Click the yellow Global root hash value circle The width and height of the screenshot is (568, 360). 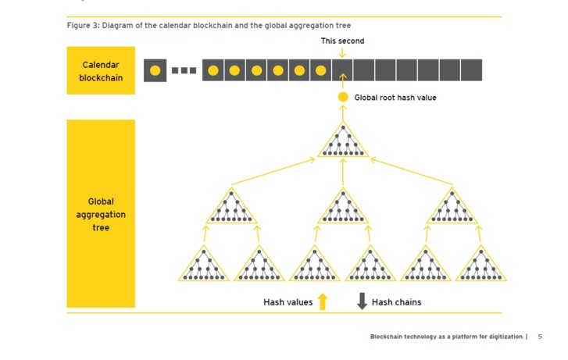(x=343, y=97)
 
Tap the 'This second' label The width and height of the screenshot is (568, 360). (x=342, y=41)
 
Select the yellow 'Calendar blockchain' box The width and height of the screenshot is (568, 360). (x=101, y=70)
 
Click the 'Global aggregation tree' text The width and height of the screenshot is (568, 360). (x=101, y=215)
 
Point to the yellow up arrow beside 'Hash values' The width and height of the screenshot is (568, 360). (x=323, y=301)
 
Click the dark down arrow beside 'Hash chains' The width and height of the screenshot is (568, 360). (x=362, y=301)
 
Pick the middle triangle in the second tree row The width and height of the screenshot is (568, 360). (x=343, y=207)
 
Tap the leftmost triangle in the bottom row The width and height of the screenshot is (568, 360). (x=204, y=265)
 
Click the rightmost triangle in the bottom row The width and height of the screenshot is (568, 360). (x=481, y=265)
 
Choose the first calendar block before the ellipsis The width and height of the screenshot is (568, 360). (x=155, y=70)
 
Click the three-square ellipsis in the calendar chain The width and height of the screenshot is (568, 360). (x=184, y=70)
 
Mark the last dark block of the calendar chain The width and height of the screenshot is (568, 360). (x=471, y=70)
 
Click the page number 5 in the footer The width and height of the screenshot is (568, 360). (x=540, y=337)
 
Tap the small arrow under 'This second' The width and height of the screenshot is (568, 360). (x=342, y=53)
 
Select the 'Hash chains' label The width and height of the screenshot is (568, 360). (x=396, y=302)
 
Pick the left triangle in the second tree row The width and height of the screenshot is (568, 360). (x=231, y=207)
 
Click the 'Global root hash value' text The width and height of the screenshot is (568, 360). (x=395, y=98)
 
